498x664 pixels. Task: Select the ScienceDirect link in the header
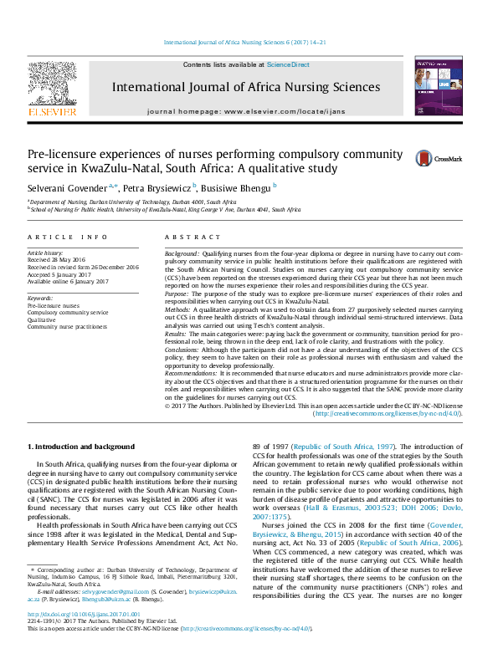tap(288, 64)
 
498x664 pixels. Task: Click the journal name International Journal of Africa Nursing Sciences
tap(245, 87)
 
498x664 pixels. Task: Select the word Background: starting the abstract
tap(182, 253)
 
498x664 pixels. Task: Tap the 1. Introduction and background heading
tap(81, 447)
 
